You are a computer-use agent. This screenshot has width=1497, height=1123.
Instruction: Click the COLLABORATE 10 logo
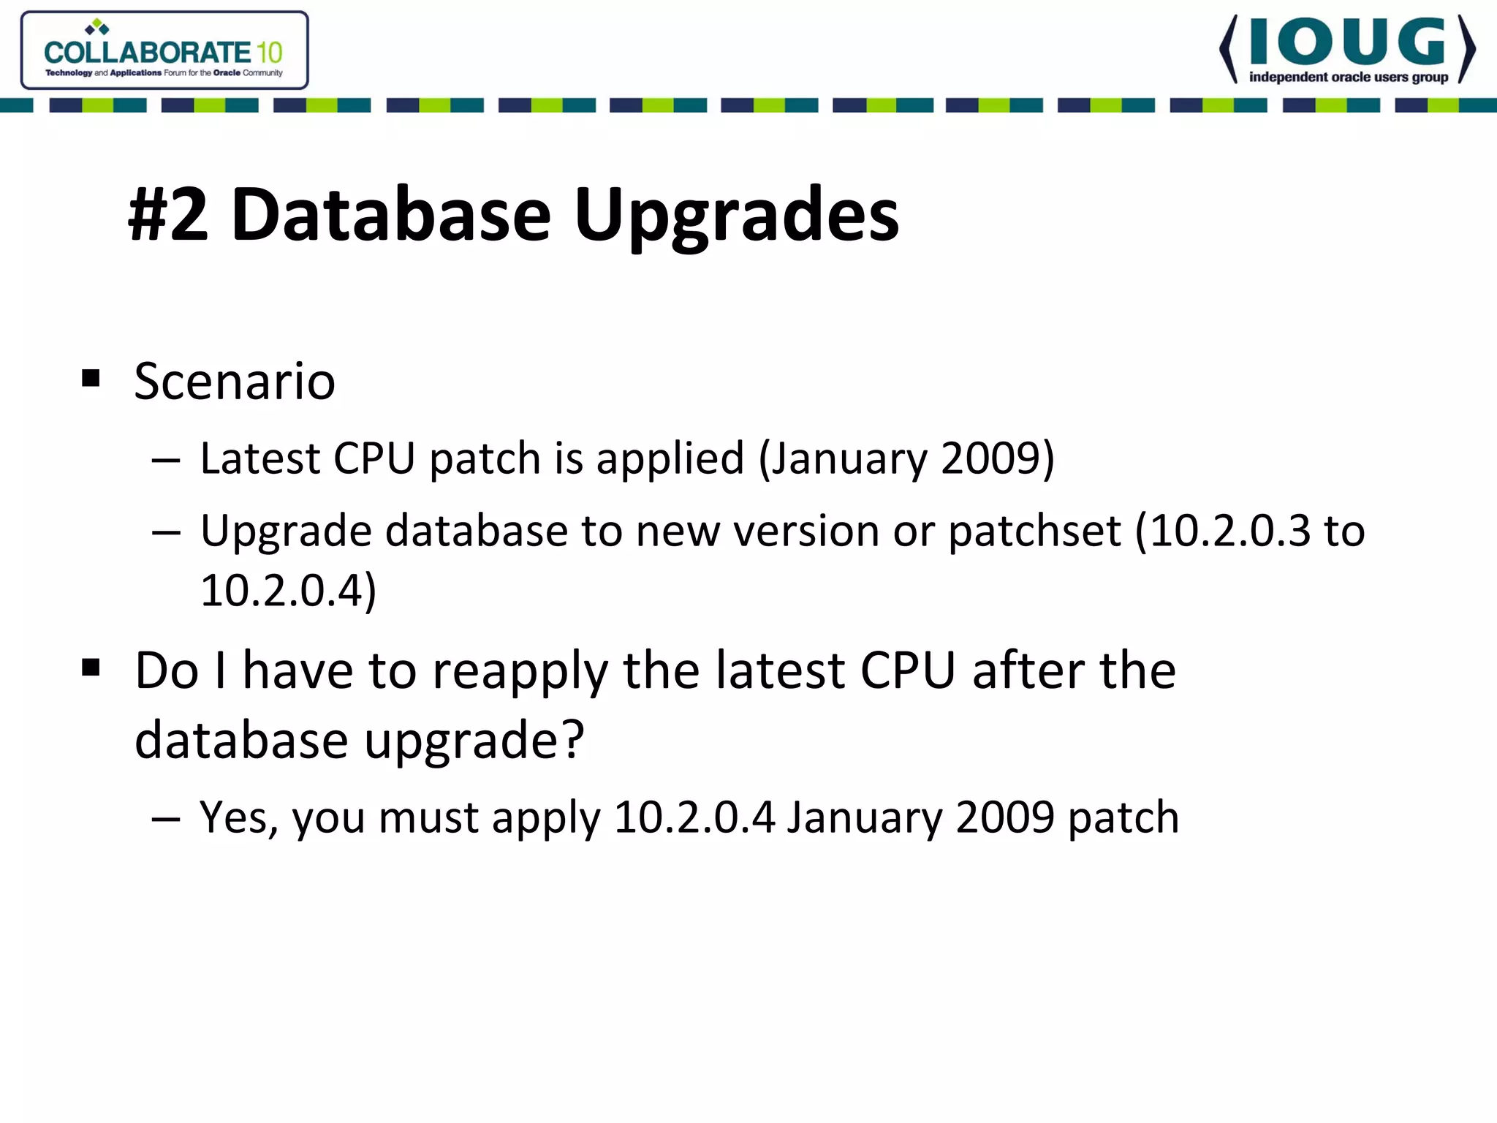pos(164,50)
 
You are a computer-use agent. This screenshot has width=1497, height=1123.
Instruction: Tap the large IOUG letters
pos(1347,42)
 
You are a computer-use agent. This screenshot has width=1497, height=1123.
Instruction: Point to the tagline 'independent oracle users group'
pos(1348,77)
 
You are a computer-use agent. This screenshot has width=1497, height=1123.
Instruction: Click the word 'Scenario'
pos(235,382)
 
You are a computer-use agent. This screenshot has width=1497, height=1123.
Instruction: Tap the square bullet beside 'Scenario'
pos(91,378)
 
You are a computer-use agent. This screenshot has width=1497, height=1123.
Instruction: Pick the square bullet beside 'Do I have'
pos(91,667)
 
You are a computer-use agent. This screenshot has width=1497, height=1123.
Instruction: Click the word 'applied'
pos(670,459)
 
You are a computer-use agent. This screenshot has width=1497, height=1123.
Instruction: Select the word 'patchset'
pos(1034,532)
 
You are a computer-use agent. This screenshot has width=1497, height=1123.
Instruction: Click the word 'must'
pos(428,817)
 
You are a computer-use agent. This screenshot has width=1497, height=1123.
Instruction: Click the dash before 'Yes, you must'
pos(166,819)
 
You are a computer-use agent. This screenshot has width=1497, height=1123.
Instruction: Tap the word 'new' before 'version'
pos(678,532)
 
